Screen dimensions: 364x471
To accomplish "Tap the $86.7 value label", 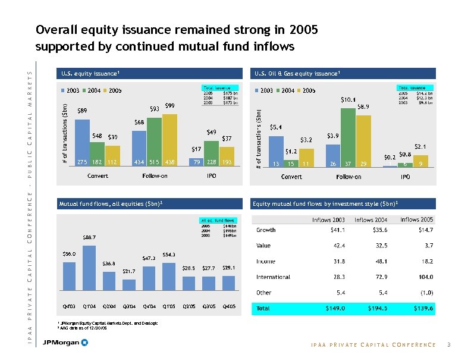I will pos(90,237).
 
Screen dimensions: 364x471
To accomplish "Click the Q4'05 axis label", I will pos(229,306).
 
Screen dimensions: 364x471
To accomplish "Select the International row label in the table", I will pos(273,277).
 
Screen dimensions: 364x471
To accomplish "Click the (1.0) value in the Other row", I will pos(424,293).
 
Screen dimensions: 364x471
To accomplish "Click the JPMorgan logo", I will pos(65,343).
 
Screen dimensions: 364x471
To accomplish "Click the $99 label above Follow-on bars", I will pos(169,105).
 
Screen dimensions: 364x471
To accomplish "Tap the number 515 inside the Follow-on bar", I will pos(154,162).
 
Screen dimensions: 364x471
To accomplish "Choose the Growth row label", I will pos(266,230).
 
